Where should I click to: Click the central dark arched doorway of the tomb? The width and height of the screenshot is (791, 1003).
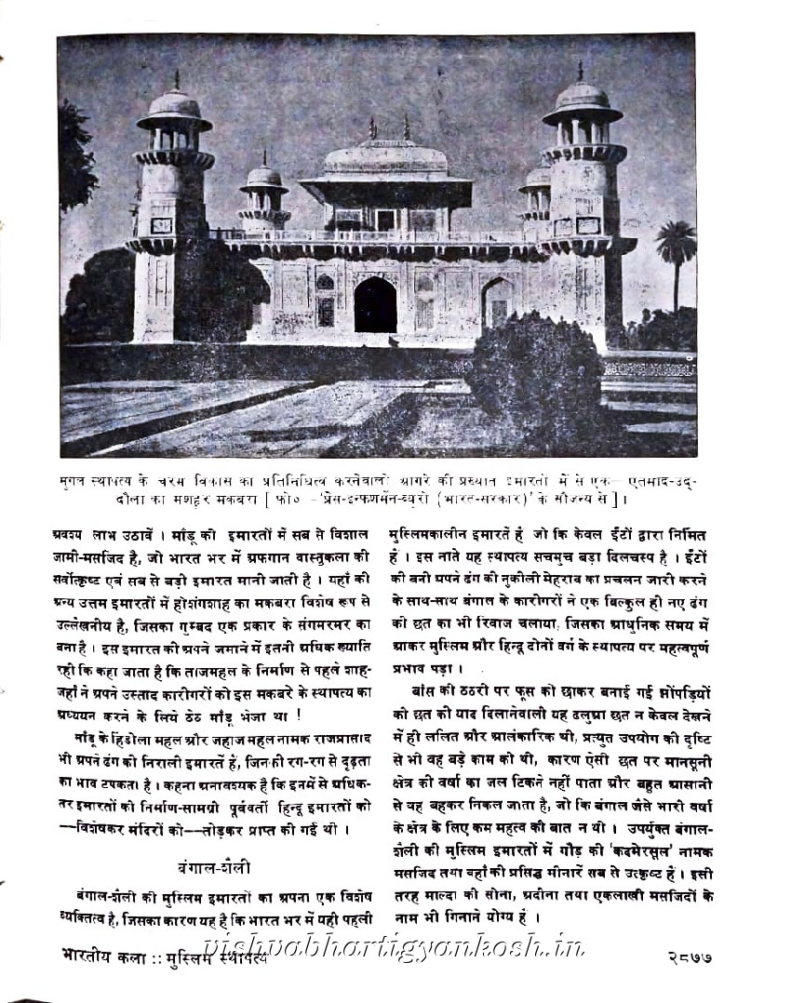pyautogui.click(x=375, y=304)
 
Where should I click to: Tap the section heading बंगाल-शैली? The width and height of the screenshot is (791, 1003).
pyautogui.click(x=200, y=867)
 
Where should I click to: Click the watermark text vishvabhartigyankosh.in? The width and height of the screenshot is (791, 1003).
pyautogui.click(x=400, y=949)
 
